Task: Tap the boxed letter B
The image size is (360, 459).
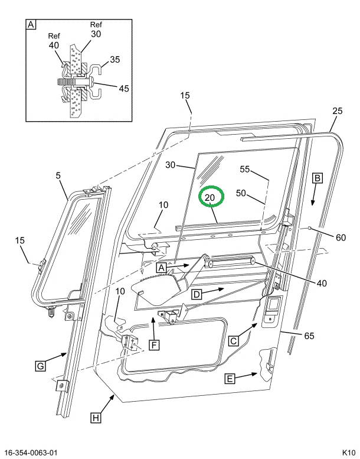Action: (317, 177)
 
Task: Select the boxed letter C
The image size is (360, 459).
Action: (234, 340)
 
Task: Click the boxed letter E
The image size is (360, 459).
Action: (230, 379)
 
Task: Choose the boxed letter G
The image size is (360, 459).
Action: (40, 366)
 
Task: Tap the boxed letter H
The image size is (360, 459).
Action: (95, 418)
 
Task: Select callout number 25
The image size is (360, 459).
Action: (337, 110)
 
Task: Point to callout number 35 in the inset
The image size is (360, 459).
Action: (115, 59)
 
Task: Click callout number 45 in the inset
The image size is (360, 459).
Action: (123, 89)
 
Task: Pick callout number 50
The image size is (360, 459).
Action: (241, 193)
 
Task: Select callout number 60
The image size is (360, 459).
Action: (341, 238)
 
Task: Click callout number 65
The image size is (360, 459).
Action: (309, 336)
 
